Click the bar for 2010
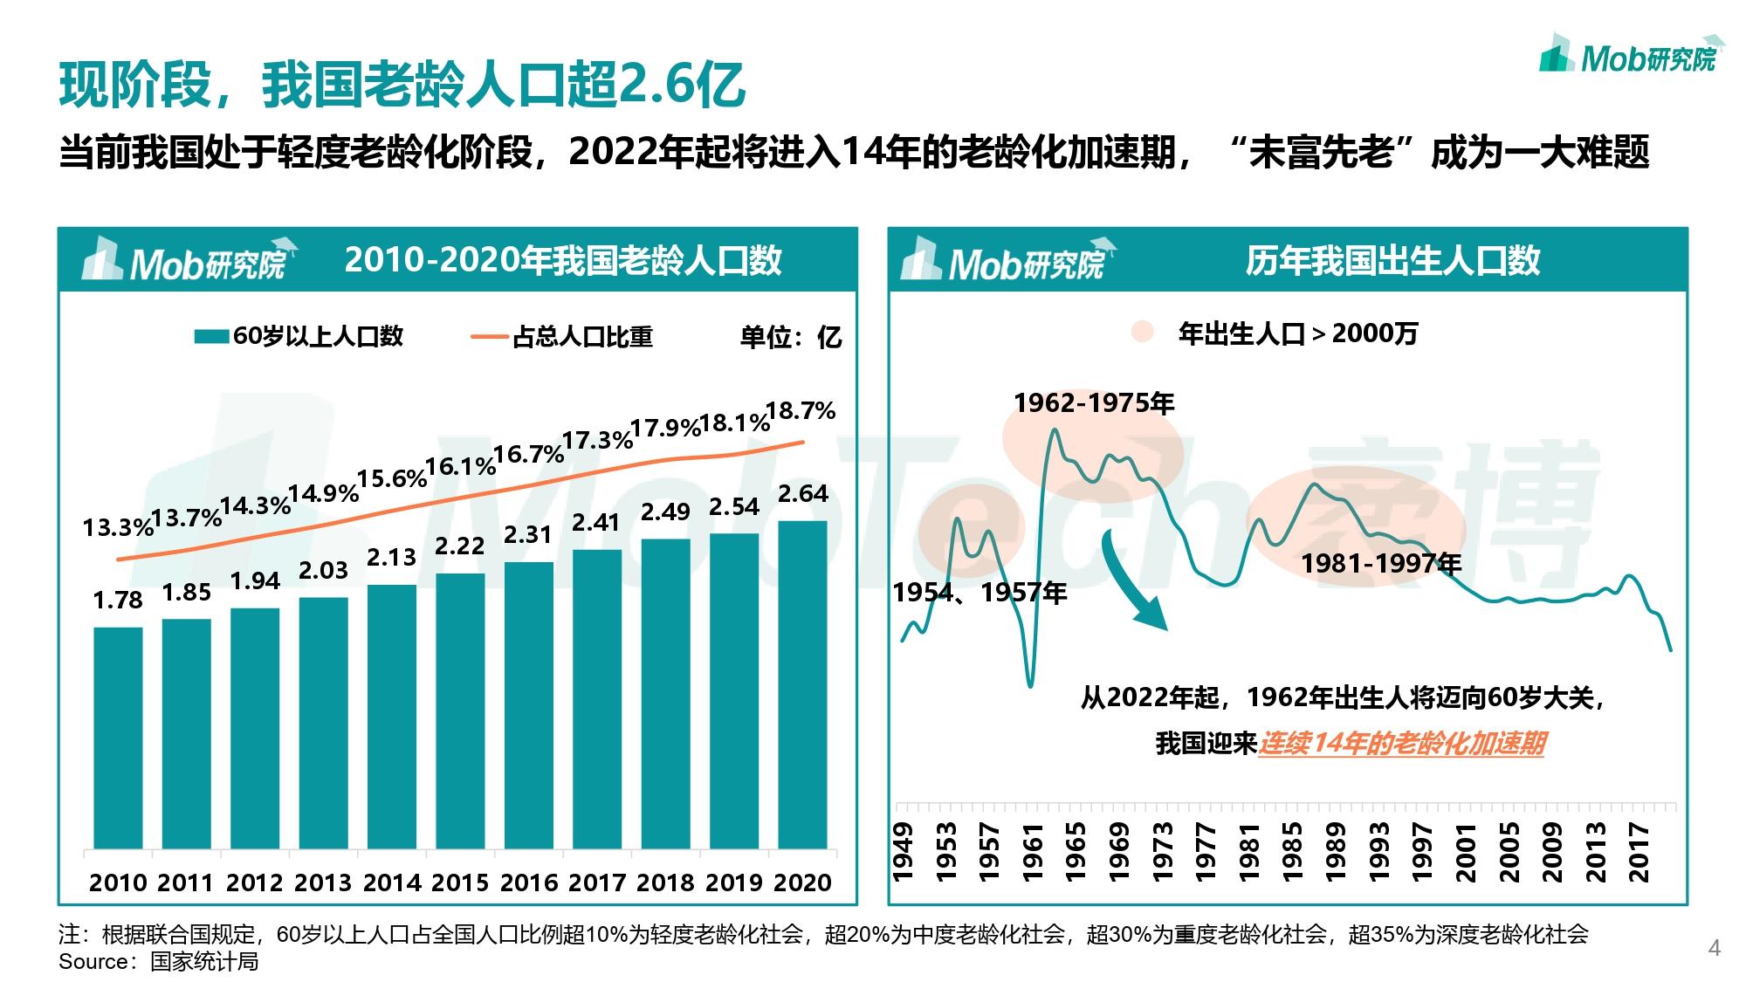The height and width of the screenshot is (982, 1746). [118, 738]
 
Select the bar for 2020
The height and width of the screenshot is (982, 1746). [802, 684]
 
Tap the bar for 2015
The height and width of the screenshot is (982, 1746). [460, 711]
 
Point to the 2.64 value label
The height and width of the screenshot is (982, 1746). [802, 494]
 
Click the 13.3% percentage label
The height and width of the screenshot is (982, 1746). [118, 527]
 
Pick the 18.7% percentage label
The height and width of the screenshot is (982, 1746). [801, 410]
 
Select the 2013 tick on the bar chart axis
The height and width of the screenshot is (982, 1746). [323, 882]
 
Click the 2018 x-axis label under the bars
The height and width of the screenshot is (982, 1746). [665, 882]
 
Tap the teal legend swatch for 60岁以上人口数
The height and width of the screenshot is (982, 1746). [211, 337]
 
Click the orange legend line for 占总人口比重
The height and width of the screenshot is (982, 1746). [490, 337]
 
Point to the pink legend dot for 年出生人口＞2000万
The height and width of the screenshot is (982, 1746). [1142, 333]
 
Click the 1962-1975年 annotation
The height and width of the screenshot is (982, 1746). [1094, 403]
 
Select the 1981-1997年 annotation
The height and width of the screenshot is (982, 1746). [1381, 564]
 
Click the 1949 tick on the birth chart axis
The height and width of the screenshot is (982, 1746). [903, 852]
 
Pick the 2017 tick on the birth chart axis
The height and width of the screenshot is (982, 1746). [1639, 852]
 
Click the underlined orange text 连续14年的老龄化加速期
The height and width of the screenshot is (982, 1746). [1401, 744]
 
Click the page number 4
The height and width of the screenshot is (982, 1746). [1714, 948]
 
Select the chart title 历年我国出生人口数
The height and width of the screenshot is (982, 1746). [1392, 261]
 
